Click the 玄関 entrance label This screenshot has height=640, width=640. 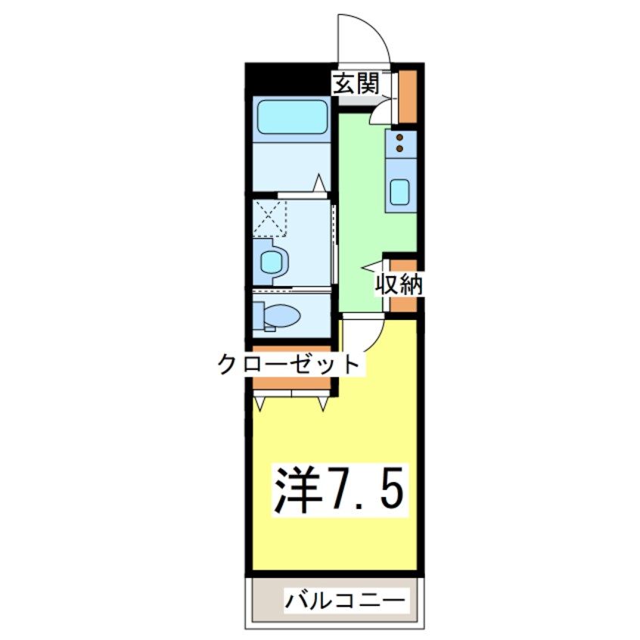(356, 84)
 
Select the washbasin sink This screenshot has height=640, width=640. (272, 263)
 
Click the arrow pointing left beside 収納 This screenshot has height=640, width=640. (371, 266)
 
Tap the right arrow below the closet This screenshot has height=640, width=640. (324, 404)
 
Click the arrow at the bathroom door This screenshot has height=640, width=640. (320, 182)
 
